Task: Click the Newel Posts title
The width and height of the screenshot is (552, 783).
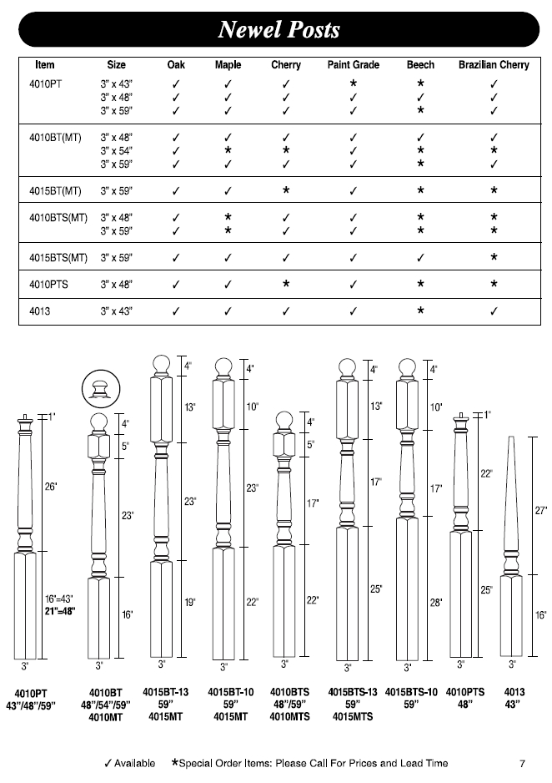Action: click(x=279, y=30)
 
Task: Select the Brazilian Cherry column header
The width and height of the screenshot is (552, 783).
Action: click(x=494, y=65)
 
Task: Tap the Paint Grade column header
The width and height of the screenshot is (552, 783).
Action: click(x=353, y=65)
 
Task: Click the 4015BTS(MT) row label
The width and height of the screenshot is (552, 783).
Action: click(x=53, y=257)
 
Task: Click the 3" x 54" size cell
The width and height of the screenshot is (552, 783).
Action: click(x=117, y=150)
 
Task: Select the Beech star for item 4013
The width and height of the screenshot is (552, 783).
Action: click(x=420, y=311)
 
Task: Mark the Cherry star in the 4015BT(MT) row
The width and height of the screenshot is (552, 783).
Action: click(x=286, y=190)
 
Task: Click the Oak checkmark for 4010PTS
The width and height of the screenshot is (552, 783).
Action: click(x=176, y=285)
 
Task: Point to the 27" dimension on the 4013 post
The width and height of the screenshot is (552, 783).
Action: click(x=539, y=510)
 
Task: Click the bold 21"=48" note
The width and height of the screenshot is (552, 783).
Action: click(x=60, y=611)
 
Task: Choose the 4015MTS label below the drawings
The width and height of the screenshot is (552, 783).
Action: click(x=351, y=716)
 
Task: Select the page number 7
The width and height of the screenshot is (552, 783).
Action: click(x=521, y=763)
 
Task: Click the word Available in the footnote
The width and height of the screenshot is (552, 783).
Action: click(x=134, y=763)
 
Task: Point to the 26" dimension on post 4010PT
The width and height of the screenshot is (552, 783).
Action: click(x=51, y=487)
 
